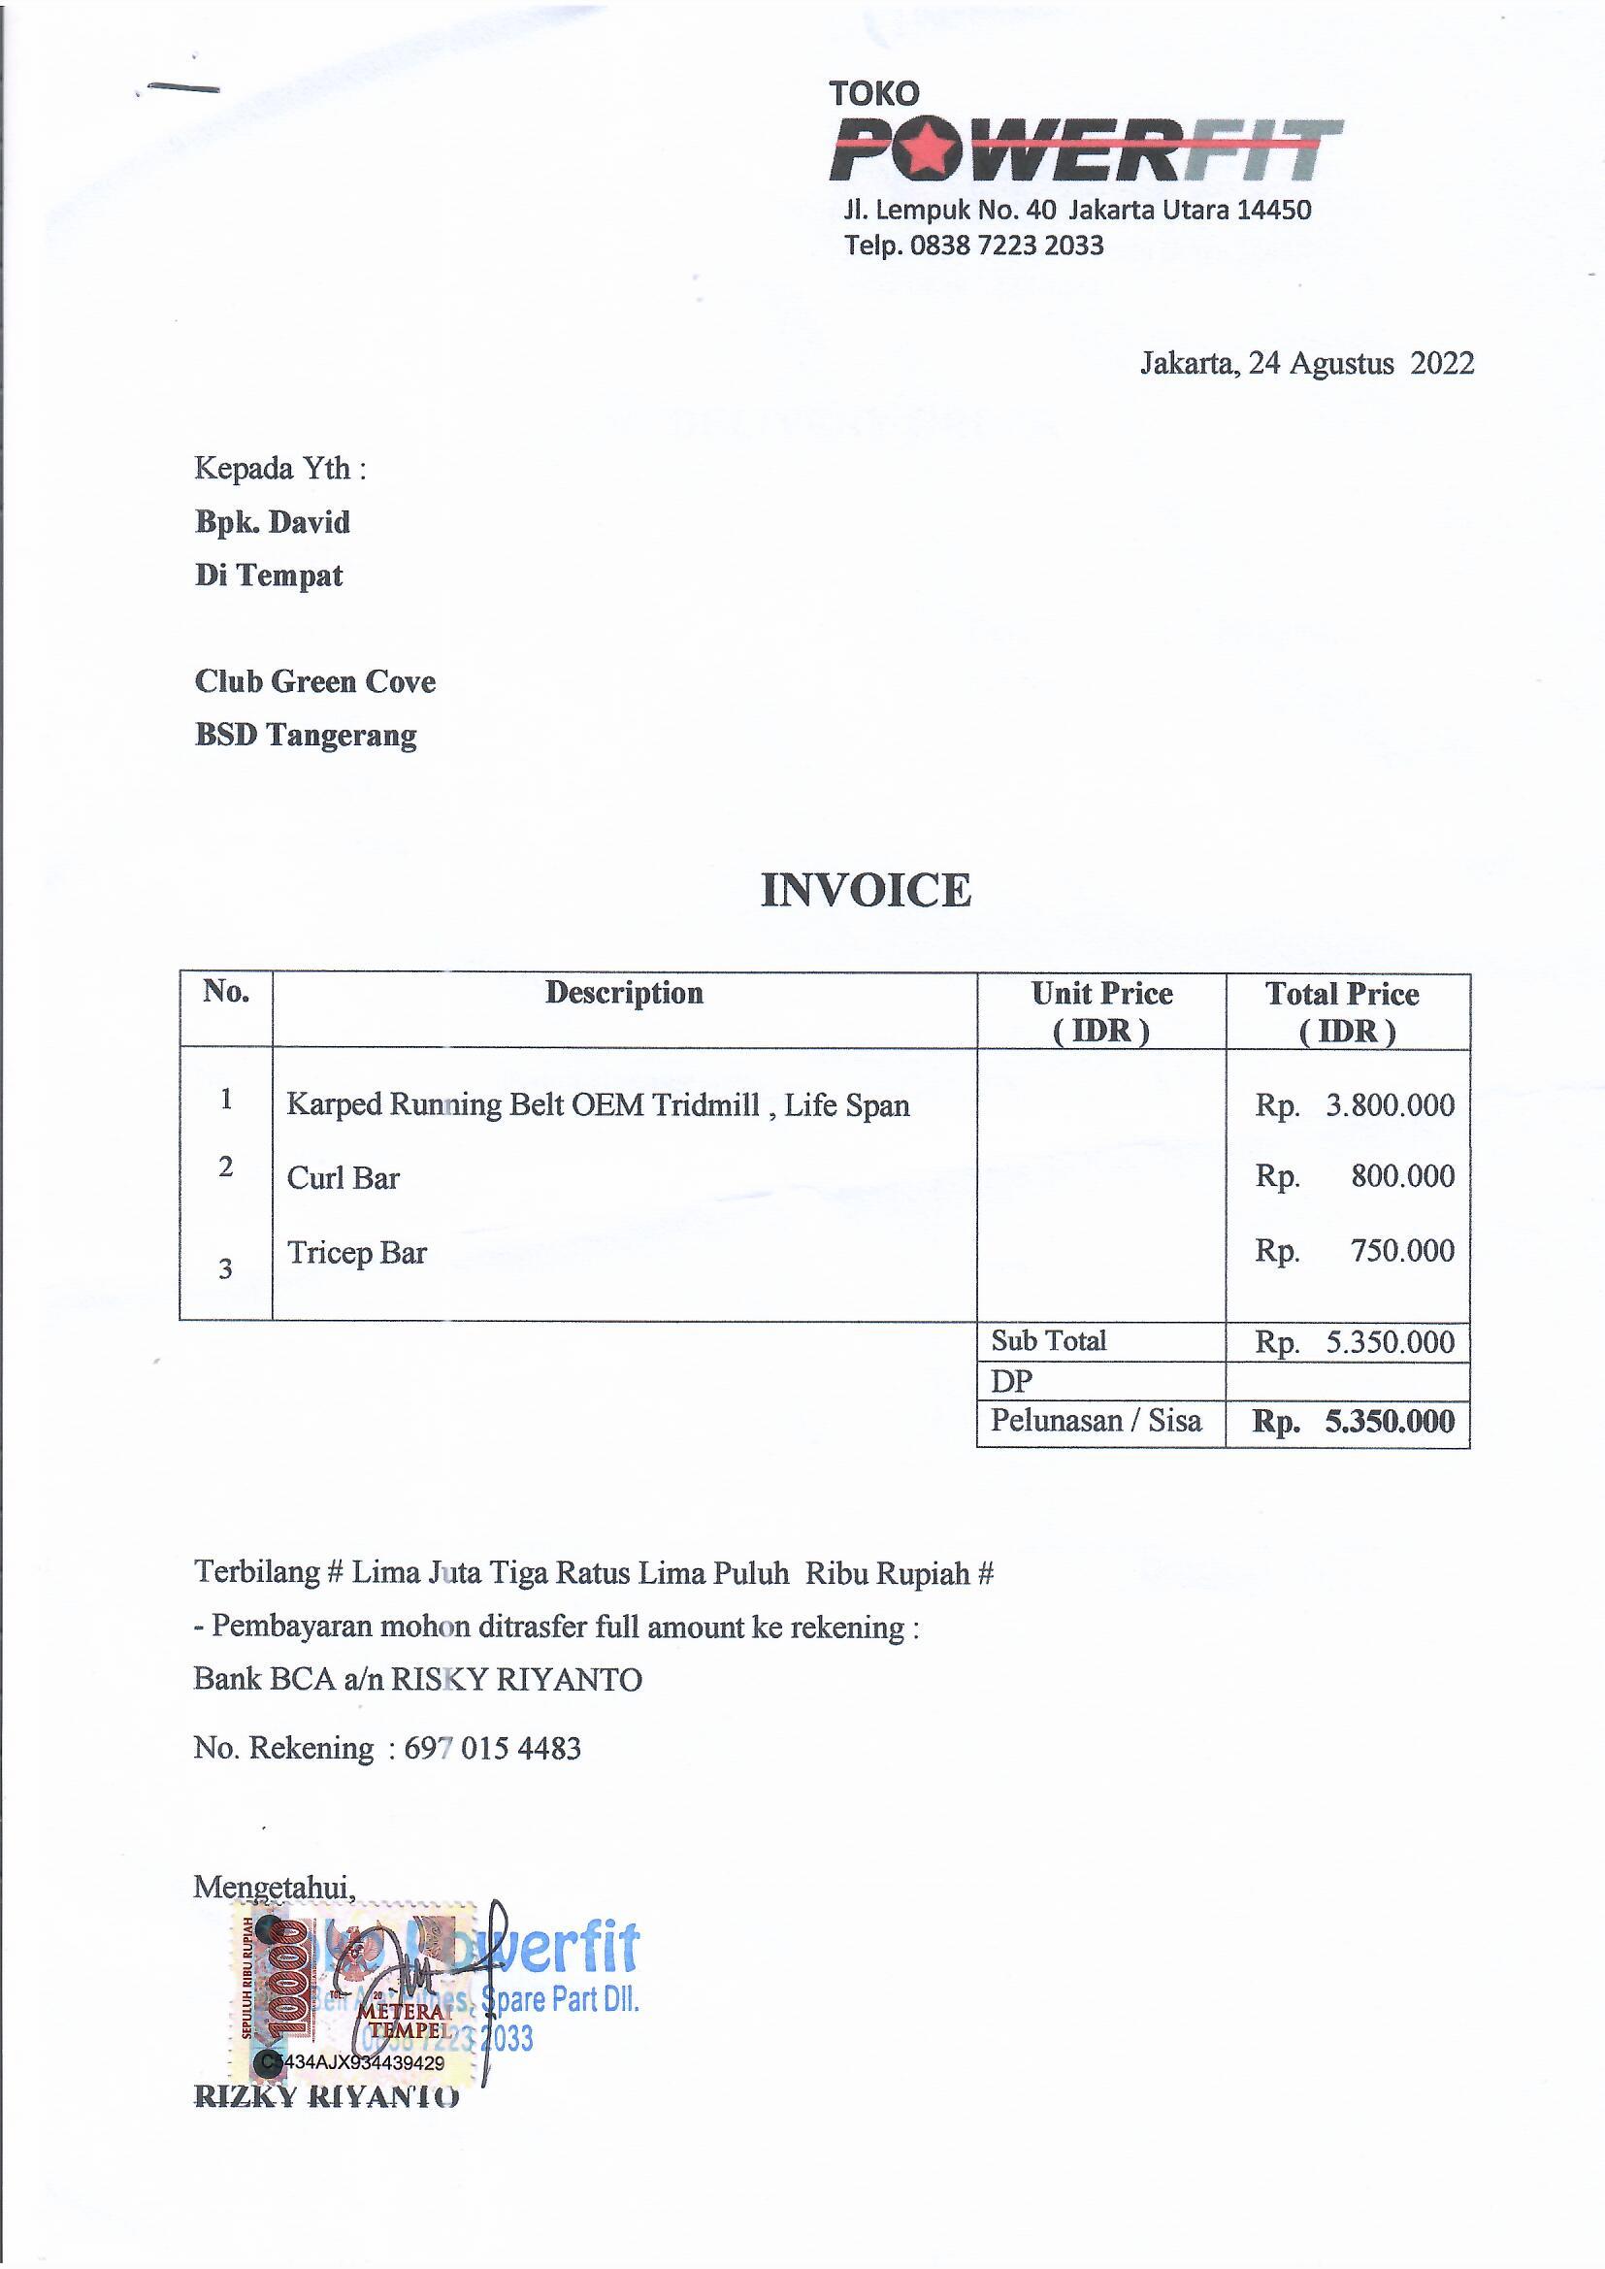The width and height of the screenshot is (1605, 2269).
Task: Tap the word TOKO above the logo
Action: [x=873, y=94]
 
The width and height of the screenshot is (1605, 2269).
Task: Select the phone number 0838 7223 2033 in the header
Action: [x=1006, y=246]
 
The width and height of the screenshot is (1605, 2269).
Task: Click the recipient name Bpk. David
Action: [x=273, y=522]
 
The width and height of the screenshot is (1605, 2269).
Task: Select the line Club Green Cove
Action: [x=315, y=682]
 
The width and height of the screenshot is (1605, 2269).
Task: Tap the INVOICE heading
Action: [x=866, y=890]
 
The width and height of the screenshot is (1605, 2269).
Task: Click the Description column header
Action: [x=624, y=993]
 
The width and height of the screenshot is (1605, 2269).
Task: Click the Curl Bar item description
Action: [x=343, y=1178]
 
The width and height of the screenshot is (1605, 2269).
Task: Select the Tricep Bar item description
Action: [x=357, y=1253]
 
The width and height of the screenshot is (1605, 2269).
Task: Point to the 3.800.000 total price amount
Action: [x=1390, y=1104]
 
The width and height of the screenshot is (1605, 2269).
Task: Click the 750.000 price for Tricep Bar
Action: [x=1402, y=1251]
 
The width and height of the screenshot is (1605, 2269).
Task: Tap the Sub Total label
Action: [x=1049, y=1341]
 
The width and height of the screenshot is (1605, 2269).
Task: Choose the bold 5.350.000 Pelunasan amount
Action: [x=1390, y=1422]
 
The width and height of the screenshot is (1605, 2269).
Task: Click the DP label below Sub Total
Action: [x=1011, y=1382]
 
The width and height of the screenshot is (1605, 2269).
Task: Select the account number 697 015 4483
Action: [x=492, y=1748]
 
